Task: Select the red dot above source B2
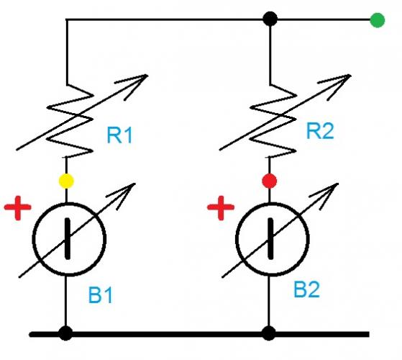270,180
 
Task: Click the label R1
120,135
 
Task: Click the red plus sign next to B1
18,209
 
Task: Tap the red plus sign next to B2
221,210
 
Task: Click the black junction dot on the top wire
270,19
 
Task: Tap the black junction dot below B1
66,333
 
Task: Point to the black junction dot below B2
270,333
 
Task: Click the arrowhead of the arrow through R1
140,79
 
